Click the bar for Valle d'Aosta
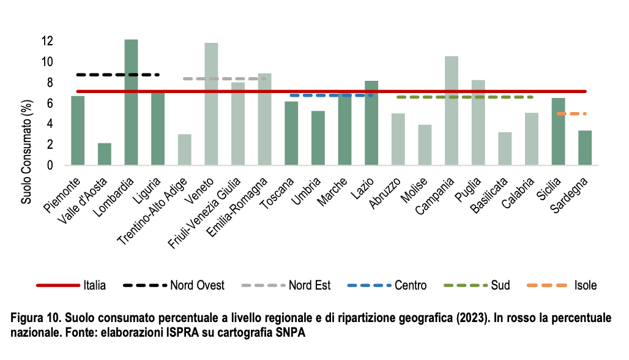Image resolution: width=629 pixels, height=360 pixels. pyautogui.click(x=105, y=154)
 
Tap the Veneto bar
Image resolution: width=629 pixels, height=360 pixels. pyautogui.click(x=211, y=103)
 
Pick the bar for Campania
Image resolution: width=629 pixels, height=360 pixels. pyautogui.click(x=452, y=110)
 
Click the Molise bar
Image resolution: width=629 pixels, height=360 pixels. pyautogui.click(x=425, y=144)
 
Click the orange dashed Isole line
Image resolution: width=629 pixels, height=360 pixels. pyautogui.click(x=571, y=113)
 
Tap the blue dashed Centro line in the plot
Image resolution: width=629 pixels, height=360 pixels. pyautogui.click(x=331, y=96)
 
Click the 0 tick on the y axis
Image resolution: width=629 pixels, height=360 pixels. pyautogui.click(x=50, y=165)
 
